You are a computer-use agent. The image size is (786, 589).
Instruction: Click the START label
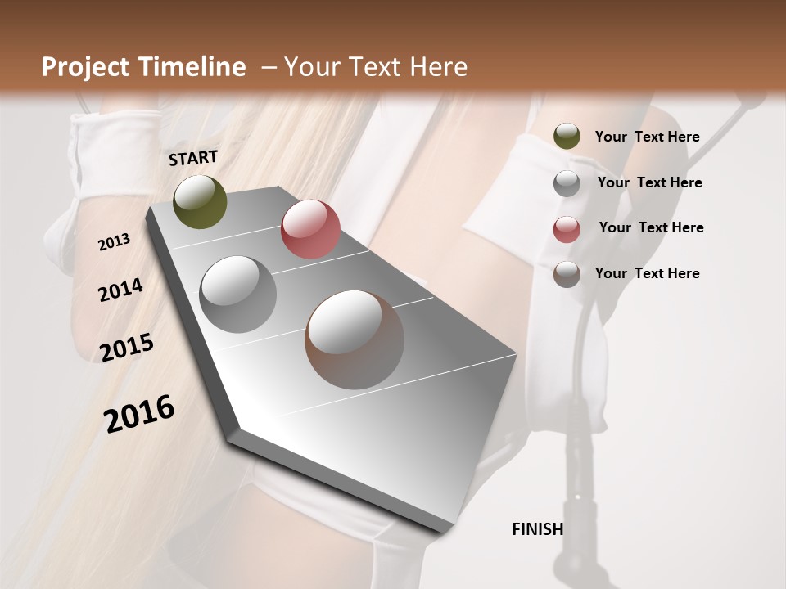click(193, 158)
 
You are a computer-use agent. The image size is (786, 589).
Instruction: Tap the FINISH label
click(537, 529)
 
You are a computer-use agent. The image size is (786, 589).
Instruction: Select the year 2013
click(114, 241)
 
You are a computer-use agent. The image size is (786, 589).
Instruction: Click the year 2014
click(120, 290)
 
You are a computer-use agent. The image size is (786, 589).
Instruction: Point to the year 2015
click(127, 347)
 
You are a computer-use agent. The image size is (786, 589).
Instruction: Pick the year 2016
click(139, 414)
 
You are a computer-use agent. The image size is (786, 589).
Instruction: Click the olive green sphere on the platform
click(200, 201)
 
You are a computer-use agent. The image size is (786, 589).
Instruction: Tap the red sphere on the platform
click(310, 229)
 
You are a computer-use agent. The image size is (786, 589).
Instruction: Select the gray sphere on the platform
click(238, 294)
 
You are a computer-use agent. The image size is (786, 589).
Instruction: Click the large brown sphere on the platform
click(355, 339)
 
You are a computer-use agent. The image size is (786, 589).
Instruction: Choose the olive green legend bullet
click(567, 137)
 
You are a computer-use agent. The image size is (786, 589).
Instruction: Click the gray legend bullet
click(567, 183)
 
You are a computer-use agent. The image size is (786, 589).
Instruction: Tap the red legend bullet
click(567, 229)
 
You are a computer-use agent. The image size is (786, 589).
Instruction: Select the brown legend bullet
click(567, 274)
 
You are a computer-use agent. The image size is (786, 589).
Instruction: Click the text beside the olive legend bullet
click(647, 137)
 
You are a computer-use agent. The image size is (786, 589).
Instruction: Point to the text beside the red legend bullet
click(651, 227)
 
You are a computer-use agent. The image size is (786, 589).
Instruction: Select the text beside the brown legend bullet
click(647, 273)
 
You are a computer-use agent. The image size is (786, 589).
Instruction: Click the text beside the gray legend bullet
click(649, 182)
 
